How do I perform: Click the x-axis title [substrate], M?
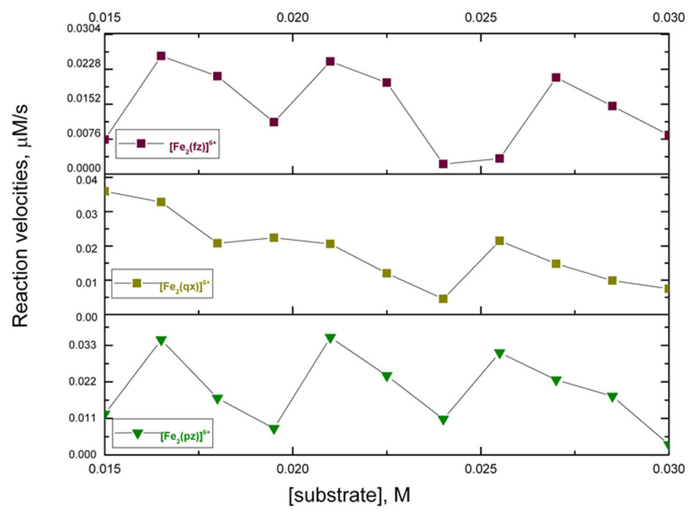click(x=349, y=495)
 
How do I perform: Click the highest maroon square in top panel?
click(x=161, y=56)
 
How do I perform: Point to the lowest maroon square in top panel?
click(x=443, y=164)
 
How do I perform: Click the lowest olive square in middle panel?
click(x=443, y=299)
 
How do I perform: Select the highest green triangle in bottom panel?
click(x=330, y=338)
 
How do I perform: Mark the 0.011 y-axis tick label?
click(x=82, y=418)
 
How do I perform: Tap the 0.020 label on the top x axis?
click(x=292, y=18)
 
